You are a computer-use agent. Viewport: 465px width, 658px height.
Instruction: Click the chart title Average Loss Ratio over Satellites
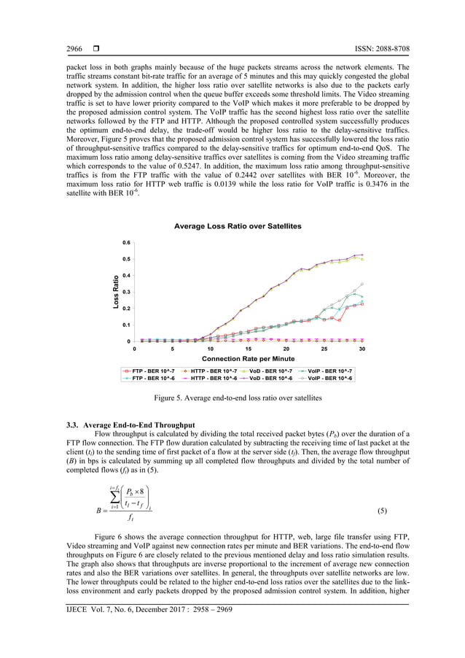pyautogui.click(x=238, y=227)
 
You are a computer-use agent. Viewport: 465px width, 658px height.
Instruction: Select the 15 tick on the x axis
pyautogui.click(x=248, y=349)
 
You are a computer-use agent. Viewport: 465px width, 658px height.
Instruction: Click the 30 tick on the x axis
pyautogui.click(x=362, y=349)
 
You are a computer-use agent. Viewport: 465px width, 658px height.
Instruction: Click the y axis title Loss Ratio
pyautogui.click(x=115, y=292)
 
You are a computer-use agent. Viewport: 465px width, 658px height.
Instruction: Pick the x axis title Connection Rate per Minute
pyautogui.click(x=248, y=359)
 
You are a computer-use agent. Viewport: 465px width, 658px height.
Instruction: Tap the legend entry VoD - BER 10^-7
pyautogui.click(x=270, y=371)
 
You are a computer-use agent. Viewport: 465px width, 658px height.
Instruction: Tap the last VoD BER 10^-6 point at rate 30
pyautogui.click(x=362, y=255)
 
